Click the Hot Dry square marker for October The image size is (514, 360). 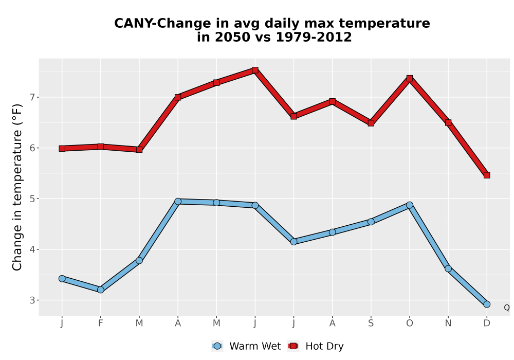tap(410, 78)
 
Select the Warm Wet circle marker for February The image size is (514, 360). tap(101, 290)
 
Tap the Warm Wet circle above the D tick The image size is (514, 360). tap(487, 304)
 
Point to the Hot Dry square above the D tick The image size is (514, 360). tap(487, 175)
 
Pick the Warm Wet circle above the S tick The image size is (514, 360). tap(371, 222)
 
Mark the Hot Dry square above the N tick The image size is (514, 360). tap(448, 122)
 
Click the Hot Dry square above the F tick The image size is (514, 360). tap(101, 147)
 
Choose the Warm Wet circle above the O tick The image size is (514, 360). tap(410, 205)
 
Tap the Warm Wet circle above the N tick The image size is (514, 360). tap(448, 269)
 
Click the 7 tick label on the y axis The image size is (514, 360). tap(32, 97)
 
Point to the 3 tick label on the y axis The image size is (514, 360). tap(32, 300)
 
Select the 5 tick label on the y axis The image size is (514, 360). tap(32, 199)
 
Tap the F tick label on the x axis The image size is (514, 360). tap(101, 323)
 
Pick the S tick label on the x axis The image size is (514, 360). tap(371, 323)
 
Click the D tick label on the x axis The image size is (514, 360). tap(487, 323)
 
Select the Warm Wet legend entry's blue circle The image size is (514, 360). tap(217, 346)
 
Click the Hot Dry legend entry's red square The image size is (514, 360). tap(293, 346)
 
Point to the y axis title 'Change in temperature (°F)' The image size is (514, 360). tap(17, 187)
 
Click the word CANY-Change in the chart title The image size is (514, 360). tap(163, 24)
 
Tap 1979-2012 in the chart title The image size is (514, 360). tap(314, 37)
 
